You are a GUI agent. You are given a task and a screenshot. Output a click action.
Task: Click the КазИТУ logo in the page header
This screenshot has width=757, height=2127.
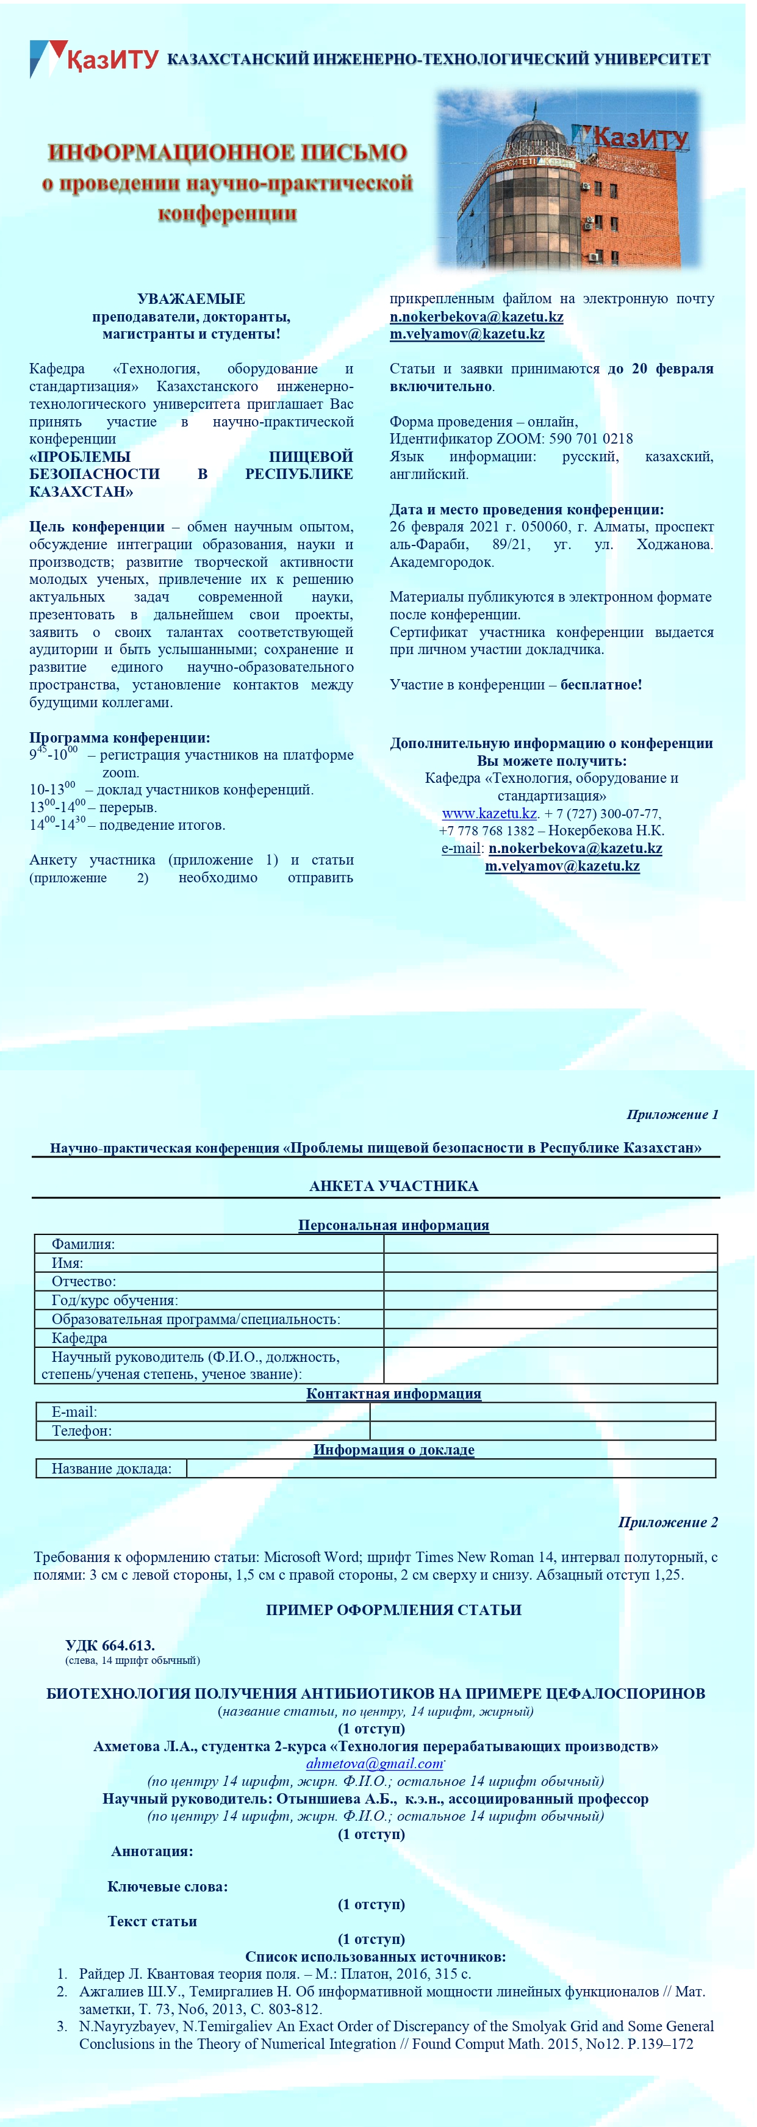tap(93, 59)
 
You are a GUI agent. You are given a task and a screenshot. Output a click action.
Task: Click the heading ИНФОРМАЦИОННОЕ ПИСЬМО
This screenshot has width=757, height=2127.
tap(227, 153)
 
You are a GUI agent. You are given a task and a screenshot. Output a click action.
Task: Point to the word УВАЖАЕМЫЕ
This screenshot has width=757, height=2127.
tap(191, 299)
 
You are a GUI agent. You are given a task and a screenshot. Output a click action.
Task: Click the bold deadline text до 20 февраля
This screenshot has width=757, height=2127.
tap(661, 369)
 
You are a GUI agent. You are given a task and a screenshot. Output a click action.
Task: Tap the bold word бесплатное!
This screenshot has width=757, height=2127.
tap(601, 685)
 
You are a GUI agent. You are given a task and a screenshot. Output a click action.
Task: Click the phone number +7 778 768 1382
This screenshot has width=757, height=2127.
tap(486, 830)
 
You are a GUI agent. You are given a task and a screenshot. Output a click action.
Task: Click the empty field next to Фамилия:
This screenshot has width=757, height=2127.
tap(550, 1244)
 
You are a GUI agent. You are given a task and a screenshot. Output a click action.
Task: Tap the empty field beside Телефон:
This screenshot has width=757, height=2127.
tap(542, 1431)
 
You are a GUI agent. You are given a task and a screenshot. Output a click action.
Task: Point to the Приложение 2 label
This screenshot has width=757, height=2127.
tap(667, 1522)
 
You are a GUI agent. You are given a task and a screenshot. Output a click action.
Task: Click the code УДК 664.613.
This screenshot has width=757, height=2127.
tap(110, 1645)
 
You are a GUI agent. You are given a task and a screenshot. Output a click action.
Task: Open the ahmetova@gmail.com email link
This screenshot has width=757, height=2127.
tap(375, 1764)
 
